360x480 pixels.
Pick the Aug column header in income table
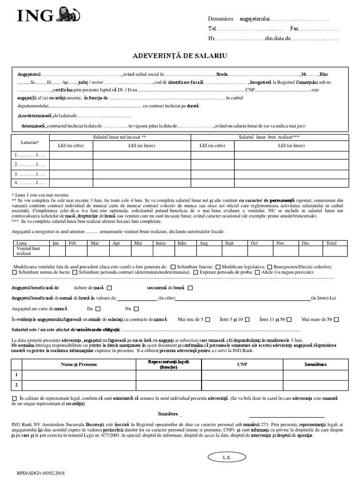204,243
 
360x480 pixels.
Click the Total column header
331,243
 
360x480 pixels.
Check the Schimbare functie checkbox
173,266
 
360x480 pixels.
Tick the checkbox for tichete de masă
109,288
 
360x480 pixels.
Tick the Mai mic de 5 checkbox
208,319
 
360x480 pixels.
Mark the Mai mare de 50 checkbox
336,319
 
